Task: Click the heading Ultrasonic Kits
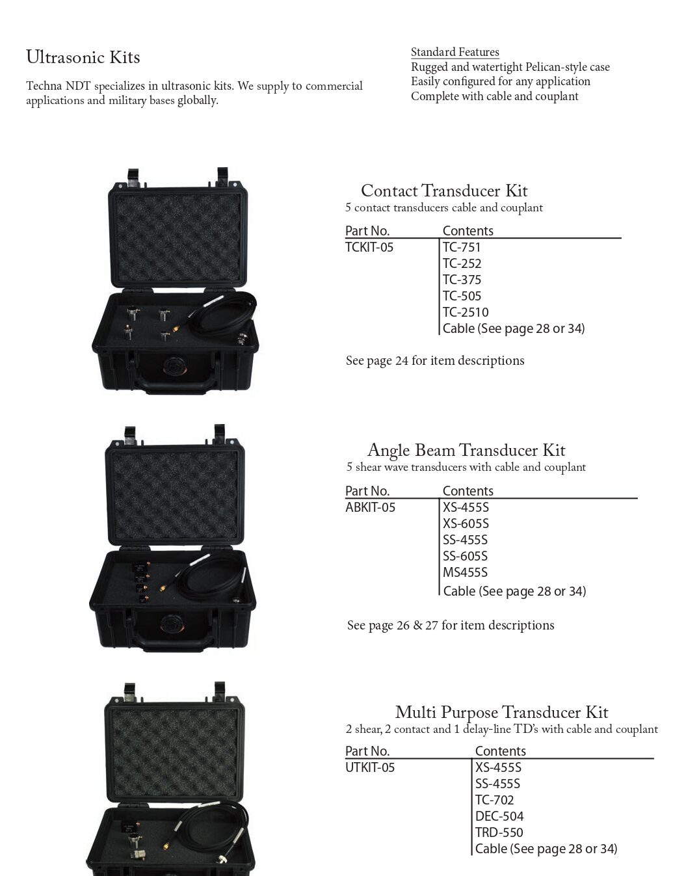[x=83, y=57]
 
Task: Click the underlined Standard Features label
[x=455, y=52]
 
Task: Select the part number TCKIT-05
[x=369, y=247]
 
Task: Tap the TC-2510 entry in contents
[x=465, y=312]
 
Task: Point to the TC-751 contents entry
[x=461, y=247]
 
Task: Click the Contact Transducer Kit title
[x=443, y=191]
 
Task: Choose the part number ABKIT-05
[x=370, y=507]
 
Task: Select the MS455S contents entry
[x=465, y=572]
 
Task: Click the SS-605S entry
[x=465, y=556]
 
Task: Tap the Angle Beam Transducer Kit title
[x=466, y=450]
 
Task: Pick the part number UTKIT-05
[x=369, y=767]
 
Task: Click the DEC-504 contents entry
[x=499, y=816]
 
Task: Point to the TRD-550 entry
[x=499, y=832]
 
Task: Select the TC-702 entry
[x=494, y=800]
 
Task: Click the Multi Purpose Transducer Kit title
[x=501, y=711]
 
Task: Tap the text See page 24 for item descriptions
[x=434, y=360]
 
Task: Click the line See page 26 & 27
[x=450, y=625]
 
